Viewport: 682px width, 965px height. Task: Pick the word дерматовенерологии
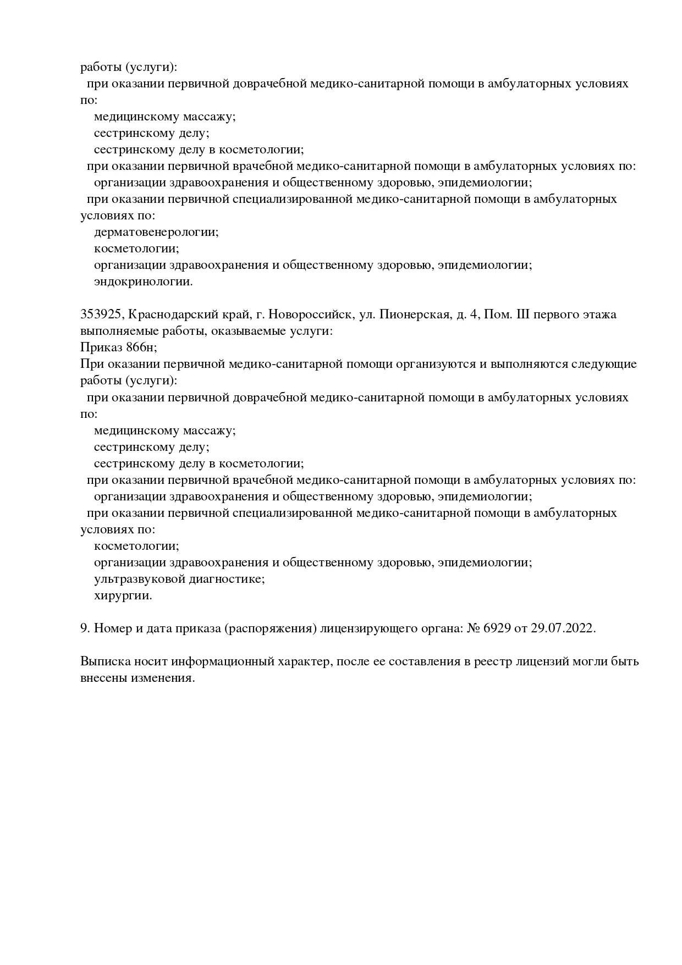(x=156, y=232)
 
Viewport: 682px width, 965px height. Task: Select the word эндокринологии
(x=143, y=282)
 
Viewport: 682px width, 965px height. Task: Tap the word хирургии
(x=123, y=595)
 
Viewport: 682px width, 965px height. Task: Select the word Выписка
(x=103, y=661)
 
